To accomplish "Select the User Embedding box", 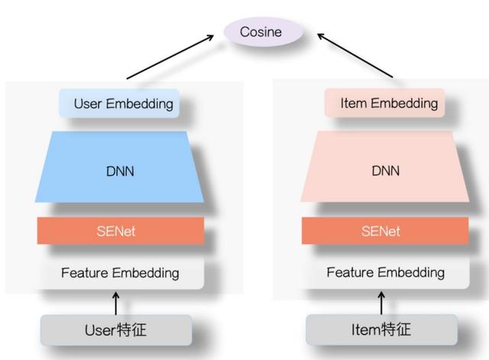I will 120,103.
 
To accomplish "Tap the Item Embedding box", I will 382,103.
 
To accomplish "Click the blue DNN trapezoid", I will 120,170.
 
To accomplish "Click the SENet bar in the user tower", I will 120,231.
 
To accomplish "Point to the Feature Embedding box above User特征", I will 120,273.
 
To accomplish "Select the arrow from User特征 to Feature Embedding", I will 116,303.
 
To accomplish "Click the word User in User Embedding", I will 89,103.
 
